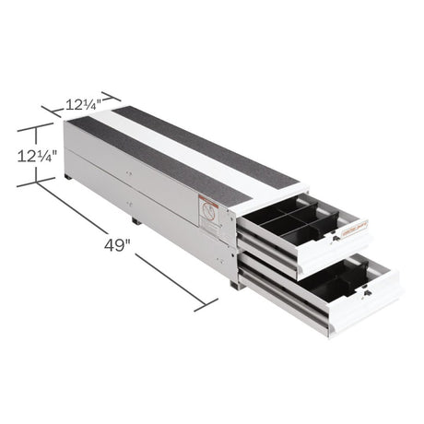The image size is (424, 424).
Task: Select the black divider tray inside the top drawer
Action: coord(295,222)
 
